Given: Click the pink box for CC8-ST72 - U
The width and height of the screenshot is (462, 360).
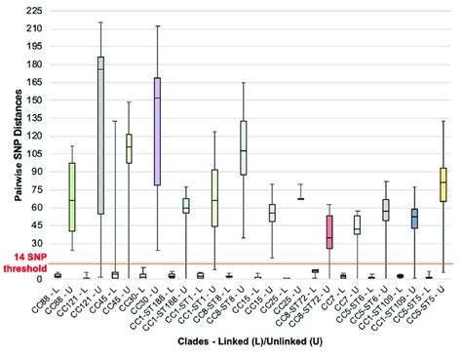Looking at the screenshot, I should coord(328,232).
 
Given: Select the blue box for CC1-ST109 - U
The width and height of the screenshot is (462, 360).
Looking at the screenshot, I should coord(414,219).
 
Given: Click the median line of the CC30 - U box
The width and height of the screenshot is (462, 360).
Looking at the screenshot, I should coord(158,99).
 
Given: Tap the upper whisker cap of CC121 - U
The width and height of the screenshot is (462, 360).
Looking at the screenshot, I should coord(100,22).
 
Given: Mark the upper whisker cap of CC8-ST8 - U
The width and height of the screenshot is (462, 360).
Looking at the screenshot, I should coord(244,83).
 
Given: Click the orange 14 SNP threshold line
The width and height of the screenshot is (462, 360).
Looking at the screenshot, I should coord(244,262).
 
